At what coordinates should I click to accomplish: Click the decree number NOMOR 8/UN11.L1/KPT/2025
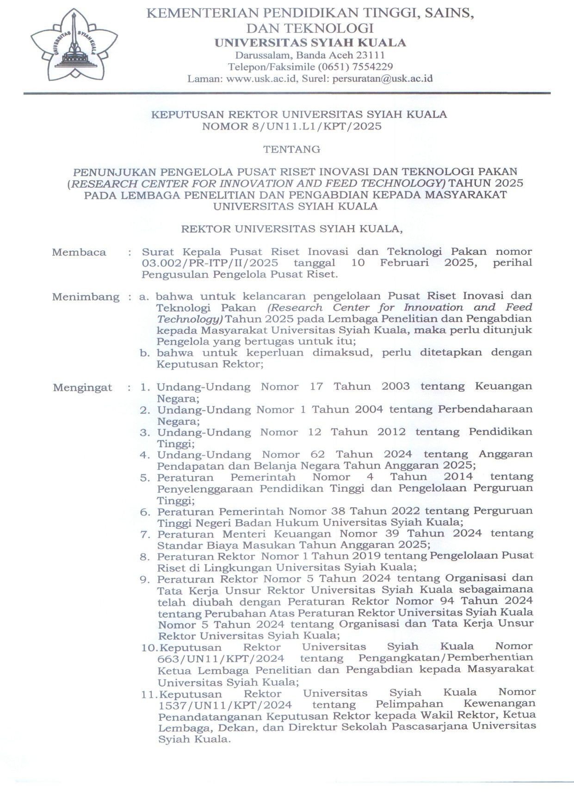[x=292, y=126]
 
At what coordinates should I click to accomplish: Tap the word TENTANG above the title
[x=292, y=149]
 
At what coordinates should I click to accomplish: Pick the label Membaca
[x=79, y=252]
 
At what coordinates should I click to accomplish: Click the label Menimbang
[x=86, y=297]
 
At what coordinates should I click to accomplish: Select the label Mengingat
[x=82, y=387]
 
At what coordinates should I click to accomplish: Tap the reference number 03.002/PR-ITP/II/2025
[x=210, y=263]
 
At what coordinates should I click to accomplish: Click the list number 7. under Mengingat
[x=145, y=535]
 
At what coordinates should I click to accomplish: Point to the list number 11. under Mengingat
[x=149, y=694]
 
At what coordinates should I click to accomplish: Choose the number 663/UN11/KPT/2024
[x=221, y=658]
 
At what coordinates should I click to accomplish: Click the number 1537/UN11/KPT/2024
[x=225, y=706]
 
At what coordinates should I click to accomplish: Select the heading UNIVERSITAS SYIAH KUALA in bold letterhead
[x=310, y=43]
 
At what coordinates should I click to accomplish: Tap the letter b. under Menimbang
[x=145, y=353]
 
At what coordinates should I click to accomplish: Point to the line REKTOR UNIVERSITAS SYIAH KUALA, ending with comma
[x=292, y=229]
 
